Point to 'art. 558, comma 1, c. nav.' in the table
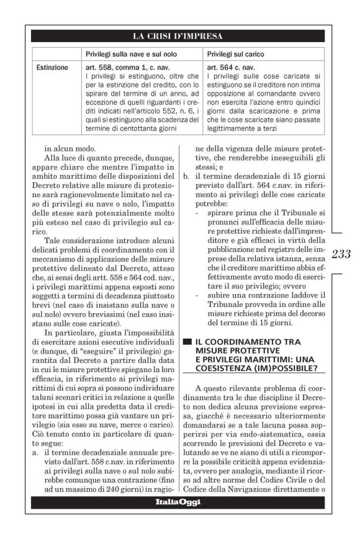click(124, 67)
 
